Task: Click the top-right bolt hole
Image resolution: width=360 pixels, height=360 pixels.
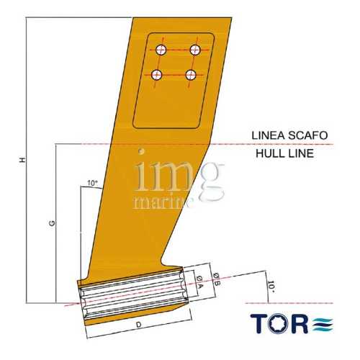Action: [x=194, y=49]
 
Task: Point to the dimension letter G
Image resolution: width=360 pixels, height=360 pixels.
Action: [x=53, y=224]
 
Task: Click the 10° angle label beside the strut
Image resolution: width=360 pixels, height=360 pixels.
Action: [x=92, y=184]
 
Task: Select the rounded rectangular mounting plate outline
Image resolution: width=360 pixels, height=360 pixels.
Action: [x=174, y=79]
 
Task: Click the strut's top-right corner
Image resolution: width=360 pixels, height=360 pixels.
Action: [x=234, y=17]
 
